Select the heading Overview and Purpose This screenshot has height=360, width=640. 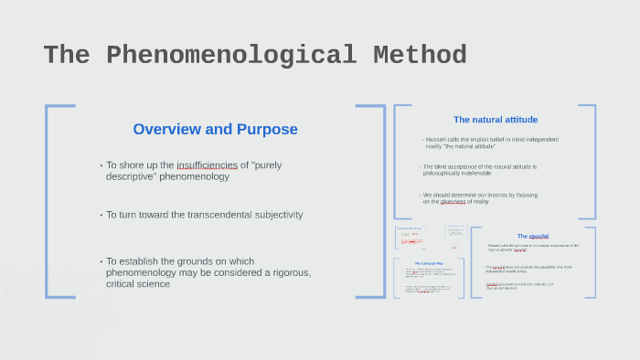(x=215, y=129)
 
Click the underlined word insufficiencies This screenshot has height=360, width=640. (x=207, y=165)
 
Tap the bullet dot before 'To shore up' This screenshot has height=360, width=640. (x=101, y=165)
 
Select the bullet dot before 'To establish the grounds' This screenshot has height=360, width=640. (x=101, y=261)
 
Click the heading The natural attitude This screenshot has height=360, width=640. (x=495, y=120)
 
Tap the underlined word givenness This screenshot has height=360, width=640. (x=453, y=201)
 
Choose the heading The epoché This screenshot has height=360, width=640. (x=533, y=236)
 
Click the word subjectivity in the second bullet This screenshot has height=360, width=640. (x=272, y=215)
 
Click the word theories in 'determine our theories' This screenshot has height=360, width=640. (x=495, y=195)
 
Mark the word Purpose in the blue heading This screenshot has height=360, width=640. (x=265, y=129)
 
